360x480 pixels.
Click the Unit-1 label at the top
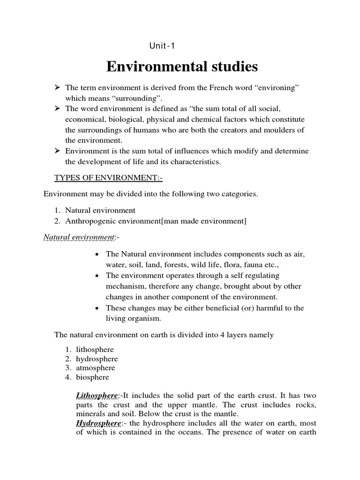(162, 46)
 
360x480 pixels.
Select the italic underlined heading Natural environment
(79, 237)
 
